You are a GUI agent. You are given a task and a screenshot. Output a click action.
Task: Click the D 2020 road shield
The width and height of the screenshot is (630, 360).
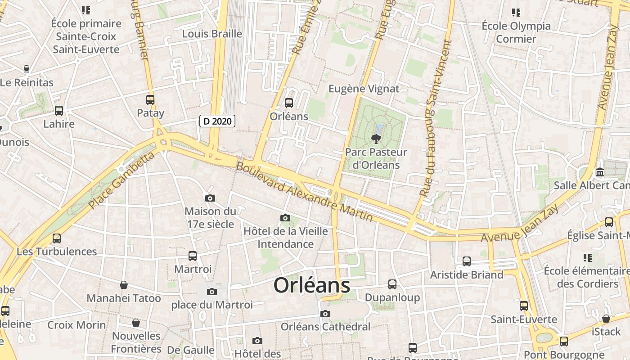[217, 121]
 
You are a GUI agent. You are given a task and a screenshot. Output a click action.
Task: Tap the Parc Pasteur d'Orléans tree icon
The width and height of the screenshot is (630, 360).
[375, 138]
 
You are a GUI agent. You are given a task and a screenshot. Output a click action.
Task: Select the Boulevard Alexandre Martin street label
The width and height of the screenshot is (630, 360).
[305, 192]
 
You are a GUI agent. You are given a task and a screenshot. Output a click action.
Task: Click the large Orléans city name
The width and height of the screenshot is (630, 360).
[312, 285]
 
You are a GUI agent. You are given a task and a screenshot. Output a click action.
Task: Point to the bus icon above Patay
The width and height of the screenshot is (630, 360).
[150, 100]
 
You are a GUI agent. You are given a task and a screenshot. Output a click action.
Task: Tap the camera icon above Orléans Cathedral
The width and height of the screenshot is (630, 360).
[325, 314]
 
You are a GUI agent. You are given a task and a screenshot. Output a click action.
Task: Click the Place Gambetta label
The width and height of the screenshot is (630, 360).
[121, 180]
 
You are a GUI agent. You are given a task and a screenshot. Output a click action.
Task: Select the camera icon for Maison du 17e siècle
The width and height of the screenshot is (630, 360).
[210, 198]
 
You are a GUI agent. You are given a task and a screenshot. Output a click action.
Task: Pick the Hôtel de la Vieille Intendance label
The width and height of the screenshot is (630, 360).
[285, 238]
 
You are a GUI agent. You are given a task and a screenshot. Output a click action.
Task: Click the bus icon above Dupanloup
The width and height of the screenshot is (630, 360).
[392, 284]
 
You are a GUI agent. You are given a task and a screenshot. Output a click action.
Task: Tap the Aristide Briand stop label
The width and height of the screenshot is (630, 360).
[467, 274]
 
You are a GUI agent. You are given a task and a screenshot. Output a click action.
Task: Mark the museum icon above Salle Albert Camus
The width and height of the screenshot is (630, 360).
[600, 172]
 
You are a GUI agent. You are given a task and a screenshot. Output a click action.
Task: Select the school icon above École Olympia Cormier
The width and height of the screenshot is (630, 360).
[516, 13]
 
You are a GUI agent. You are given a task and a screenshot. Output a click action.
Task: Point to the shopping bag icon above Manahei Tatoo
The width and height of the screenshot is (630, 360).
[124, 285]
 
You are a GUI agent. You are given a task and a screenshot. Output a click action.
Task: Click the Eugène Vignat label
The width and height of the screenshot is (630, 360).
[364, 89]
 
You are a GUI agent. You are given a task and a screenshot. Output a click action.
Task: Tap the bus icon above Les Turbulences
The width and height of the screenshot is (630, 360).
[57, 238]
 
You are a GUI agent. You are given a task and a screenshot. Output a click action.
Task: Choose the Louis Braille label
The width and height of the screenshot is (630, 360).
[212, 34]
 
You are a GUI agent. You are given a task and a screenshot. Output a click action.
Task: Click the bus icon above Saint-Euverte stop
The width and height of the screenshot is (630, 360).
[524, 306]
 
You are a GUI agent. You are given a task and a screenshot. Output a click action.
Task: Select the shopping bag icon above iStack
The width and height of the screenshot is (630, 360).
[606, 319]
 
